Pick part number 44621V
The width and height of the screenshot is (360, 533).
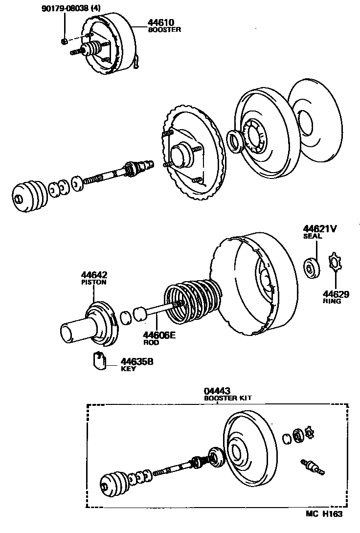320,228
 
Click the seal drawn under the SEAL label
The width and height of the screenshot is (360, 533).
311,267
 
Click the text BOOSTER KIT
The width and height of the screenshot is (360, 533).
227,398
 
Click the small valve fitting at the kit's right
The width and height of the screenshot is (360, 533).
312,466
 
